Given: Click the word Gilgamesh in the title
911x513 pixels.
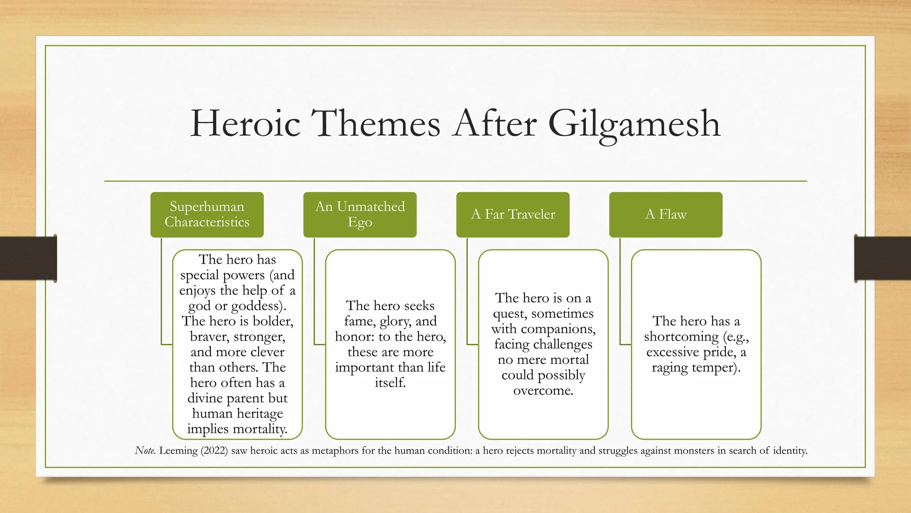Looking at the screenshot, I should pos(633,124).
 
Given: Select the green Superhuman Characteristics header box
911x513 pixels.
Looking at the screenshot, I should pos(207,214).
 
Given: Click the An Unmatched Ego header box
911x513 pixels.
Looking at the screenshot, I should pos(360,214).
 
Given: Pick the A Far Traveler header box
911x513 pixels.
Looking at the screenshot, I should pos(513,214).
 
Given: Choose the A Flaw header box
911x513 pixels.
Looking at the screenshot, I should pos(665,214).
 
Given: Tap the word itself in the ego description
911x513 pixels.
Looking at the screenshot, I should pos(390,383).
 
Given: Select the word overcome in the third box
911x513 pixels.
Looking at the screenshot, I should pos(543,391).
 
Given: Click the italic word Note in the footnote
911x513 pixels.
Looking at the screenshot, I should pos(145,451).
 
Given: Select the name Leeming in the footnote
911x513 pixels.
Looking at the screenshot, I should pos(178,451).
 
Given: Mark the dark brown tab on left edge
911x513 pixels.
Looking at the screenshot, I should pos(28,258).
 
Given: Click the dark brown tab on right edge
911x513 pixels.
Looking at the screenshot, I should pos(883,258).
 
